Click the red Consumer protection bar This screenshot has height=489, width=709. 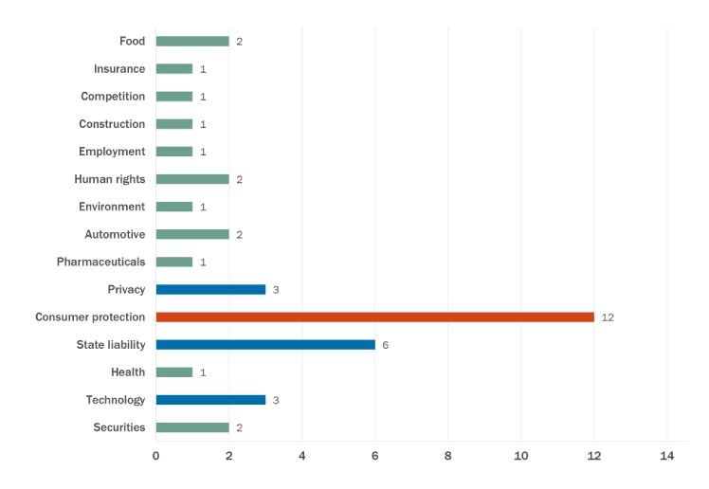point(374,317)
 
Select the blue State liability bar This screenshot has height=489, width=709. point(265,344)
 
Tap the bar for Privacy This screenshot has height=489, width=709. point(210,289)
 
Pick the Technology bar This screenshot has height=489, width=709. point(210,399)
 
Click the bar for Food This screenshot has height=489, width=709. point(192,41)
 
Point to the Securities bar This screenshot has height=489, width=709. point(192,427)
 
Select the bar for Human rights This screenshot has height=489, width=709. point(192,179)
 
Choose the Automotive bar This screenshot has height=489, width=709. point(192,234)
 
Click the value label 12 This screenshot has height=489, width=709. point(608,317)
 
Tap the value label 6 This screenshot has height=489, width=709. point(386,345)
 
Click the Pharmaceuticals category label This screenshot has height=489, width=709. point(101,262)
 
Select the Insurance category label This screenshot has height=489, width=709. point(119,68)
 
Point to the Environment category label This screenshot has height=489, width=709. point(112,207)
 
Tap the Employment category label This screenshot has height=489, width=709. point(113,152)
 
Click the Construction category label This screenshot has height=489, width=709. point(112,124)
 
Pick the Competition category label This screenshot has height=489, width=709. point(113,97)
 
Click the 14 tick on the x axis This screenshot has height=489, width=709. point(666,457)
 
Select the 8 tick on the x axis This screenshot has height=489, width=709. point(448,457)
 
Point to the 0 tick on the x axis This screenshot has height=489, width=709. point(156,457)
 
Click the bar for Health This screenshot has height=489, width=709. point(174,371)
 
